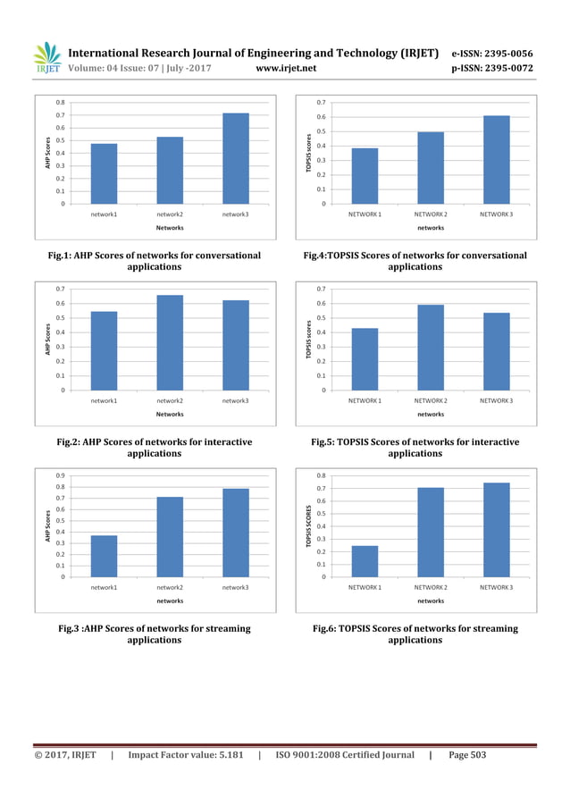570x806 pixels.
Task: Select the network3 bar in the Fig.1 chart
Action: (236, 158)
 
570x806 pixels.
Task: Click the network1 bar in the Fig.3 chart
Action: (105, 556)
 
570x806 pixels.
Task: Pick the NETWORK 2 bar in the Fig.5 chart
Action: (431, 347)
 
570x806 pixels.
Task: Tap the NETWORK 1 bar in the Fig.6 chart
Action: (365, 560)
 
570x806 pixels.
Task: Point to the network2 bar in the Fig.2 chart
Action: (170, 342)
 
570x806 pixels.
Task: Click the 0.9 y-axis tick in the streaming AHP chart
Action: (61, 475)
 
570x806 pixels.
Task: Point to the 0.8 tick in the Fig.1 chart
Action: (61, 103)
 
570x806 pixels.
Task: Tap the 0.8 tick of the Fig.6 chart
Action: (321, 475)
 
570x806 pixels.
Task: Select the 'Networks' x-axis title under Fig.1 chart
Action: (170, 228)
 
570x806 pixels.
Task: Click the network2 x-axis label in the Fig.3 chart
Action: (170, 587)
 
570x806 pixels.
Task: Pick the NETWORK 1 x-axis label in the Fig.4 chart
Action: (365, 214)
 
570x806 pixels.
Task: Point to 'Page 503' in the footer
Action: (466, 755)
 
